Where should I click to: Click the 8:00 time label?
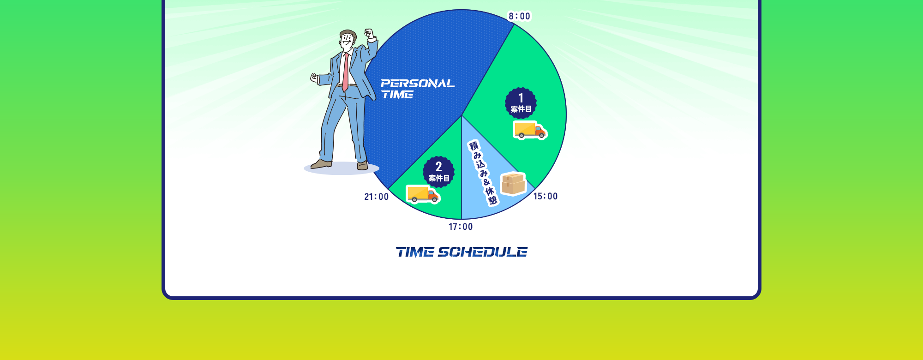519,16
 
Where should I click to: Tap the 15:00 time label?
545,196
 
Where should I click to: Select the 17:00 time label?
461,227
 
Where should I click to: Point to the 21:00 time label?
377,197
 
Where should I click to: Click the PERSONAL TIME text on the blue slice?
417,89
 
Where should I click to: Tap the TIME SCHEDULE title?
461,252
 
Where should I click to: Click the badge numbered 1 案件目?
521,103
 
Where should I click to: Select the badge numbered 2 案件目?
438,172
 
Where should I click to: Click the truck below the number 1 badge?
530,130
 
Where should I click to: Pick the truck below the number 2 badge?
423,194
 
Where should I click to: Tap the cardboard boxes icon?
513,184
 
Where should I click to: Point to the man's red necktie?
345,72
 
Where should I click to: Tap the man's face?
348,42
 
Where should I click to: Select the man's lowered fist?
314,78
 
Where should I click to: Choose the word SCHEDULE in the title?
482,252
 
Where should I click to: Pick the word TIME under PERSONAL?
397,95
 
